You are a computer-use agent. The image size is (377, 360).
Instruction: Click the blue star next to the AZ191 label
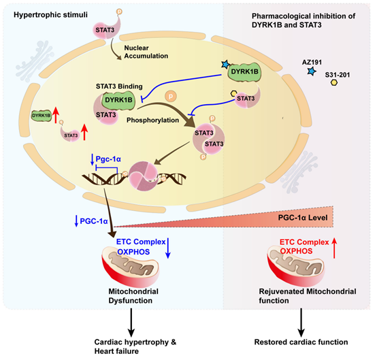[312, 71]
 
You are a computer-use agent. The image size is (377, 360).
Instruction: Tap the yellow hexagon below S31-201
[334, 82]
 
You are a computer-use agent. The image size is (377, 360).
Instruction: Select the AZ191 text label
[312, 63]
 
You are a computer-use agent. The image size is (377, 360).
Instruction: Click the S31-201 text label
[338, 75]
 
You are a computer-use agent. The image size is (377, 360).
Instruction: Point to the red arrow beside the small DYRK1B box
[56, 115]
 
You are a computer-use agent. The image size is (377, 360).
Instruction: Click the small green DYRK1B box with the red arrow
[42, 116]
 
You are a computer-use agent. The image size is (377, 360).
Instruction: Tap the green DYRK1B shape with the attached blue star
[244, 71]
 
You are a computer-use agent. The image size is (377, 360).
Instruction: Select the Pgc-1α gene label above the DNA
[108, 159]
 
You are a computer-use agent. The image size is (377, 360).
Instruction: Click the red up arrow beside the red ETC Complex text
[334, 248]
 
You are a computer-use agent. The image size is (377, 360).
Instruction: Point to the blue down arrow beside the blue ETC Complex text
[168, 248]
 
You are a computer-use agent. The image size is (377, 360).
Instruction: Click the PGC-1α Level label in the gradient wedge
[303, 218]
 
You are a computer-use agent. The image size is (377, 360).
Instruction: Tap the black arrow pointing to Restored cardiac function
[301, 323]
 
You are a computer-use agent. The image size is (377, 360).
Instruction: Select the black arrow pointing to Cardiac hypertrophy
[131, 323]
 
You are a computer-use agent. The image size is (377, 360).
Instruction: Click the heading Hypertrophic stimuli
[50, 15]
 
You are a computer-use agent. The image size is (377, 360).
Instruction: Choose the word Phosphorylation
[152, 120]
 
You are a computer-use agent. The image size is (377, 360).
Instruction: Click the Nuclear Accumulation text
[146, 52]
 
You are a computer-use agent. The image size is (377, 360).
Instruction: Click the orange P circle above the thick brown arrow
[171, 97]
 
